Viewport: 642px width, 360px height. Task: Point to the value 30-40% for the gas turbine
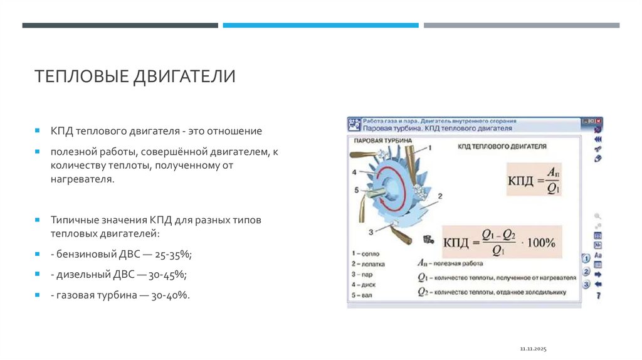pos(169,295)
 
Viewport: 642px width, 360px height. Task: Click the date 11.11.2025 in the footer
pos(534,348)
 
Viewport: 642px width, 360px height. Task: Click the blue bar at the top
pos(320,26)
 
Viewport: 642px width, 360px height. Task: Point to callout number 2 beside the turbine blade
pos(439,196)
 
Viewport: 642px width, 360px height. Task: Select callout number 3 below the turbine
pos(371,232)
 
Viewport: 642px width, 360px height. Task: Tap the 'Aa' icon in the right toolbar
pos(598,255)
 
